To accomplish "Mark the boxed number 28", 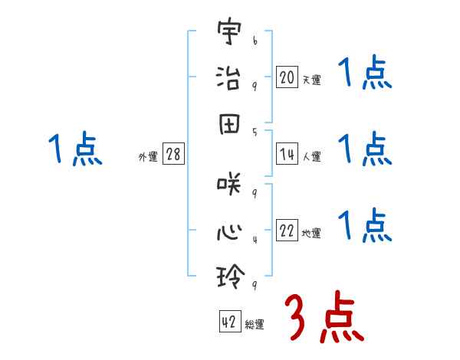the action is [x=173, y=155].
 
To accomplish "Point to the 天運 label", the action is [x=311, y=80].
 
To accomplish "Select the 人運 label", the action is [x=311, y=157].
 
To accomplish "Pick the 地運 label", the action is [x=311, y=234].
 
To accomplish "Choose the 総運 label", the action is [x=255, y=325].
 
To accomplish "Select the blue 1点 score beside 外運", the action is [x=75, y=149].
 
